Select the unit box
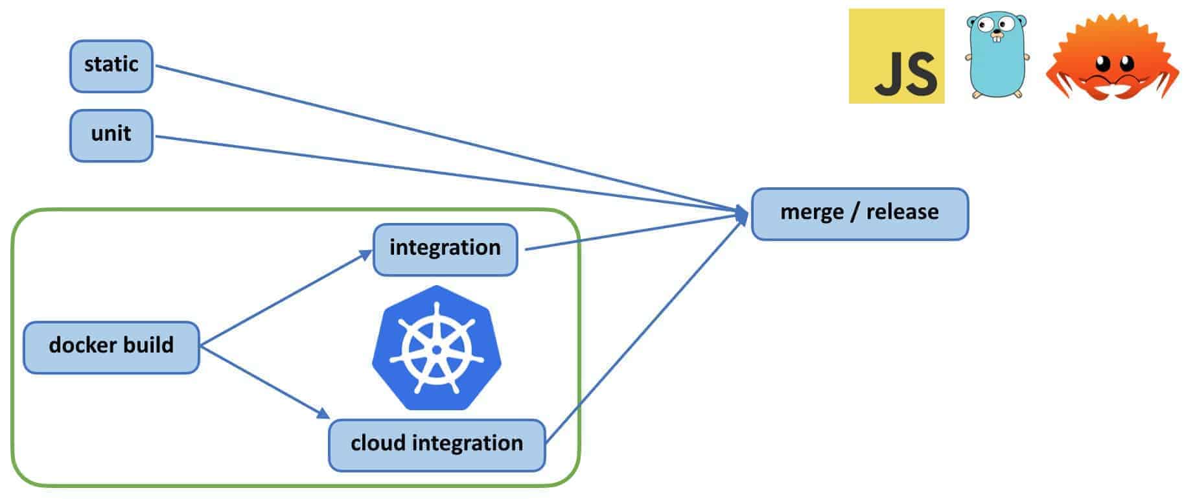tap(111, 135)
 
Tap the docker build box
tap(111, 347)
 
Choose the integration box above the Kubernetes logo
tap(445, 249)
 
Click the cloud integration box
tap(437, 445)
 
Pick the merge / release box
tap(859, 213)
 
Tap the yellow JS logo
tap(896, 56)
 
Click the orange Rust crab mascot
tap(1112, 62)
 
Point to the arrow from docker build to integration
tap(285, 298)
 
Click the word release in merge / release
tap(902, 213)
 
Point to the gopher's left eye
tap(985, 27)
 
